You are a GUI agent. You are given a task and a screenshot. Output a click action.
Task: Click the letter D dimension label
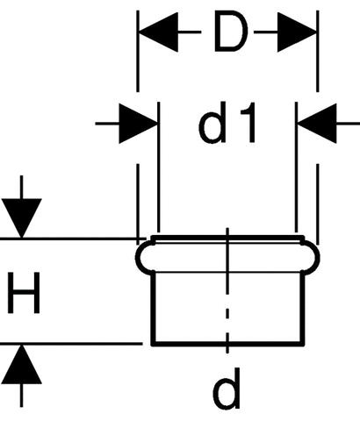tap(231, 32)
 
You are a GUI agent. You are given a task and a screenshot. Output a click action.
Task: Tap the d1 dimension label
tap(227, 123)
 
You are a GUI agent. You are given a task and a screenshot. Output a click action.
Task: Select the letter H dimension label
tap(24, 293)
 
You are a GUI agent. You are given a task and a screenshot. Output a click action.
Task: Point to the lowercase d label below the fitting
tap(227, 389)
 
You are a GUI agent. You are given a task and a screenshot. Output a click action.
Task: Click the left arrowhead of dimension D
tap(158, 32)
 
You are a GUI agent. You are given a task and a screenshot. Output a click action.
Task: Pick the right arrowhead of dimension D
tap(297, 32)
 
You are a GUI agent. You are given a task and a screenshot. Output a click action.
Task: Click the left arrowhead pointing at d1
tap(139, 124)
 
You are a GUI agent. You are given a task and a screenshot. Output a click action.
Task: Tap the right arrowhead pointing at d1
tap(317, 124)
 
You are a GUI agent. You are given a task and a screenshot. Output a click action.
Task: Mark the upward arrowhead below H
tap(21, 364)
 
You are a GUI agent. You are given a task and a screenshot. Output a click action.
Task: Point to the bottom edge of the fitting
tap(227, 344)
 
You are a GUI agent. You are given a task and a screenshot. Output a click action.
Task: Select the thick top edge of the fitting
tap(227, 238)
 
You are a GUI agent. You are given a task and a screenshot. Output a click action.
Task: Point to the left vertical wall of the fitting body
tap(153, 307)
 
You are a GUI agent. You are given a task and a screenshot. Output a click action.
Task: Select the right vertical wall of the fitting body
tap(303, 307)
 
